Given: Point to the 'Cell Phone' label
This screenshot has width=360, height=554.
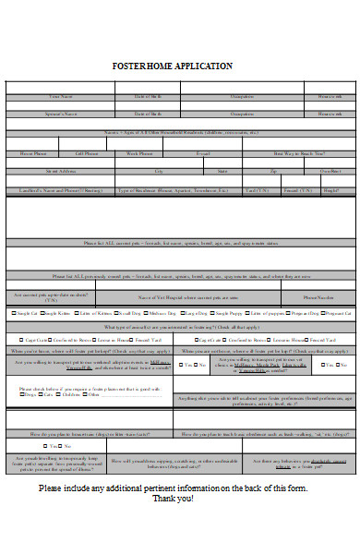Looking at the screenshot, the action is coord(86,153).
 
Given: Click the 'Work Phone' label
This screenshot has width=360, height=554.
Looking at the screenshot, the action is coord(139,153).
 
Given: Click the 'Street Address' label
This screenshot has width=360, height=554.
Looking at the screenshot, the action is coord(60,172).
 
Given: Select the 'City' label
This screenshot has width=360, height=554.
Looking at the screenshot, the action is coord(159,172).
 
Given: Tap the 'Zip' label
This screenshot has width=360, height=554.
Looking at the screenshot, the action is coord(273,172).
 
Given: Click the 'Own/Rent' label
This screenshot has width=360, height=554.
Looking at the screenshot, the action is coord(330,172).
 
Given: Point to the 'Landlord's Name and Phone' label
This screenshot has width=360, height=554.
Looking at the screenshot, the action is coord(58,191).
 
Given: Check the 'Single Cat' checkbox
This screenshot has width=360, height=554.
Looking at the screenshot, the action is coord(10,314).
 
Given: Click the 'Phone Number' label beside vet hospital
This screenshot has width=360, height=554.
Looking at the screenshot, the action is coord(319,297).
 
